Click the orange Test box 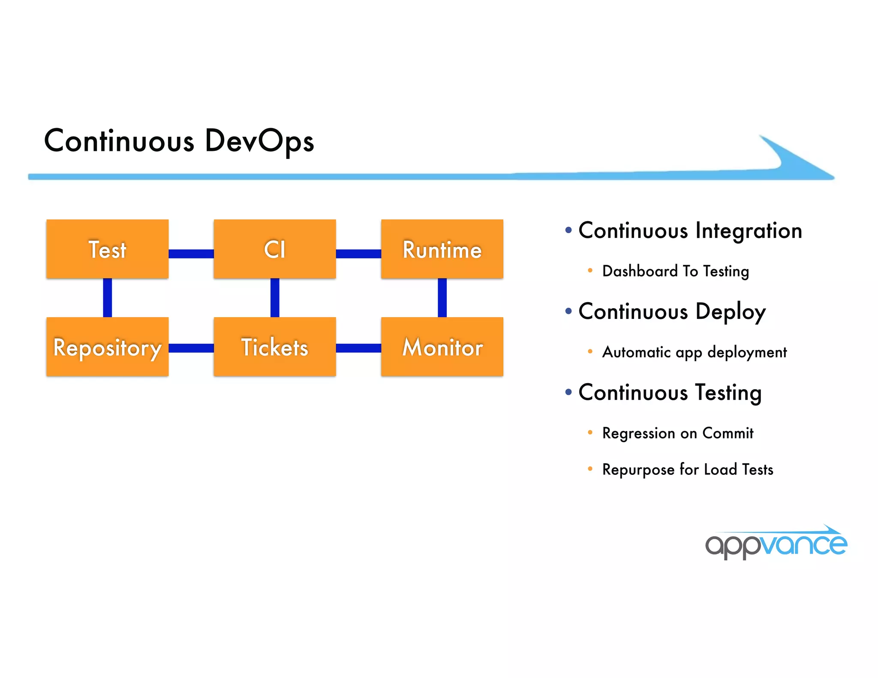pos(107,249)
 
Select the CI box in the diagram pos(274,249)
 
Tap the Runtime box pos(442,249)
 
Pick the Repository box pos(107,347)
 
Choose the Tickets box pos(274,347)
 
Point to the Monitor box pos(442,347)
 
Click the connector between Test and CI pos(191,254)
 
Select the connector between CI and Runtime pos(358,254)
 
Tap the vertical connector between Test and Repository pos(108,298)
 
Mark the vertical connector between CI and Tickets pos(275,298)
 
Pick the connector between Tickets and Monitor pos(358,348)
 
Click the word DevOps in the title pos(259,141)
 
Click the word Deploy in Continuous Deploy pos(730,312)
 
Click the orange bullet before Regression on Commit pos(590,432)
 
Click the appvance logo pos(776,543)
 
